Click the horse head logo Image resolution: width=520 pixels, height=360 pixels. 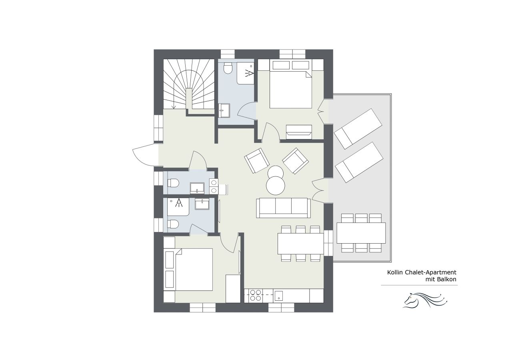tap(424, 300)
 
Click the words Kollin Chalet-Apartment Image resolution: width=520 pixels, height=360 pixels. tap(422, 272)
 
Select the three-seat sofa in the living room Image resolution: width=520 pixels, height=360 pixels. tap(283, 208)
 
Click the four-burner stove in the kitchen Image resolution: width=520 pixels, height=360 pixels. tap(255, 295)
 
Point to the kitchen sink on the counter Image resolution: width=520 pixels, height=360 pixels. tap(279, 296)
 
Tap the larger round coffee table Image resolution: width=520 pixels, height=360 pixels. tap(276, 186)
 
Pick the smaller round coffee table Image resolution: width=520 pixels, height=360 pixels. tap(276, 172)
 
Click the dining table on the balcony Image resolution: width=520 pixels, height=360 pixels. tap(361, 233)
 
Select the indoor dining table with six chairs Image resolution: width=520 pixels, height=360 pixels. tap(300, 243)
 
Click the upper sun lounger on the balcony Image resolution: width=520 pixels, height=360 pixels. tap(358, 128)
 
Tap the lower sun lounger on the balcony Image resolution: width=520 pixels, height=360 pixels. tap(359, 162)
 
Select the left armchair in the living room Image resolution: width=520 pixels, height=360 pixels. tap(257, 160)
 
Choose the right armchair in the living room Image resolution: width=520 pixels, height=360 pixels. tap(296, 160)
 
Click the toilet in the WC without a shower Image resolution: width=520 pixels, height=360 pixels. tap(173, 183)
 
